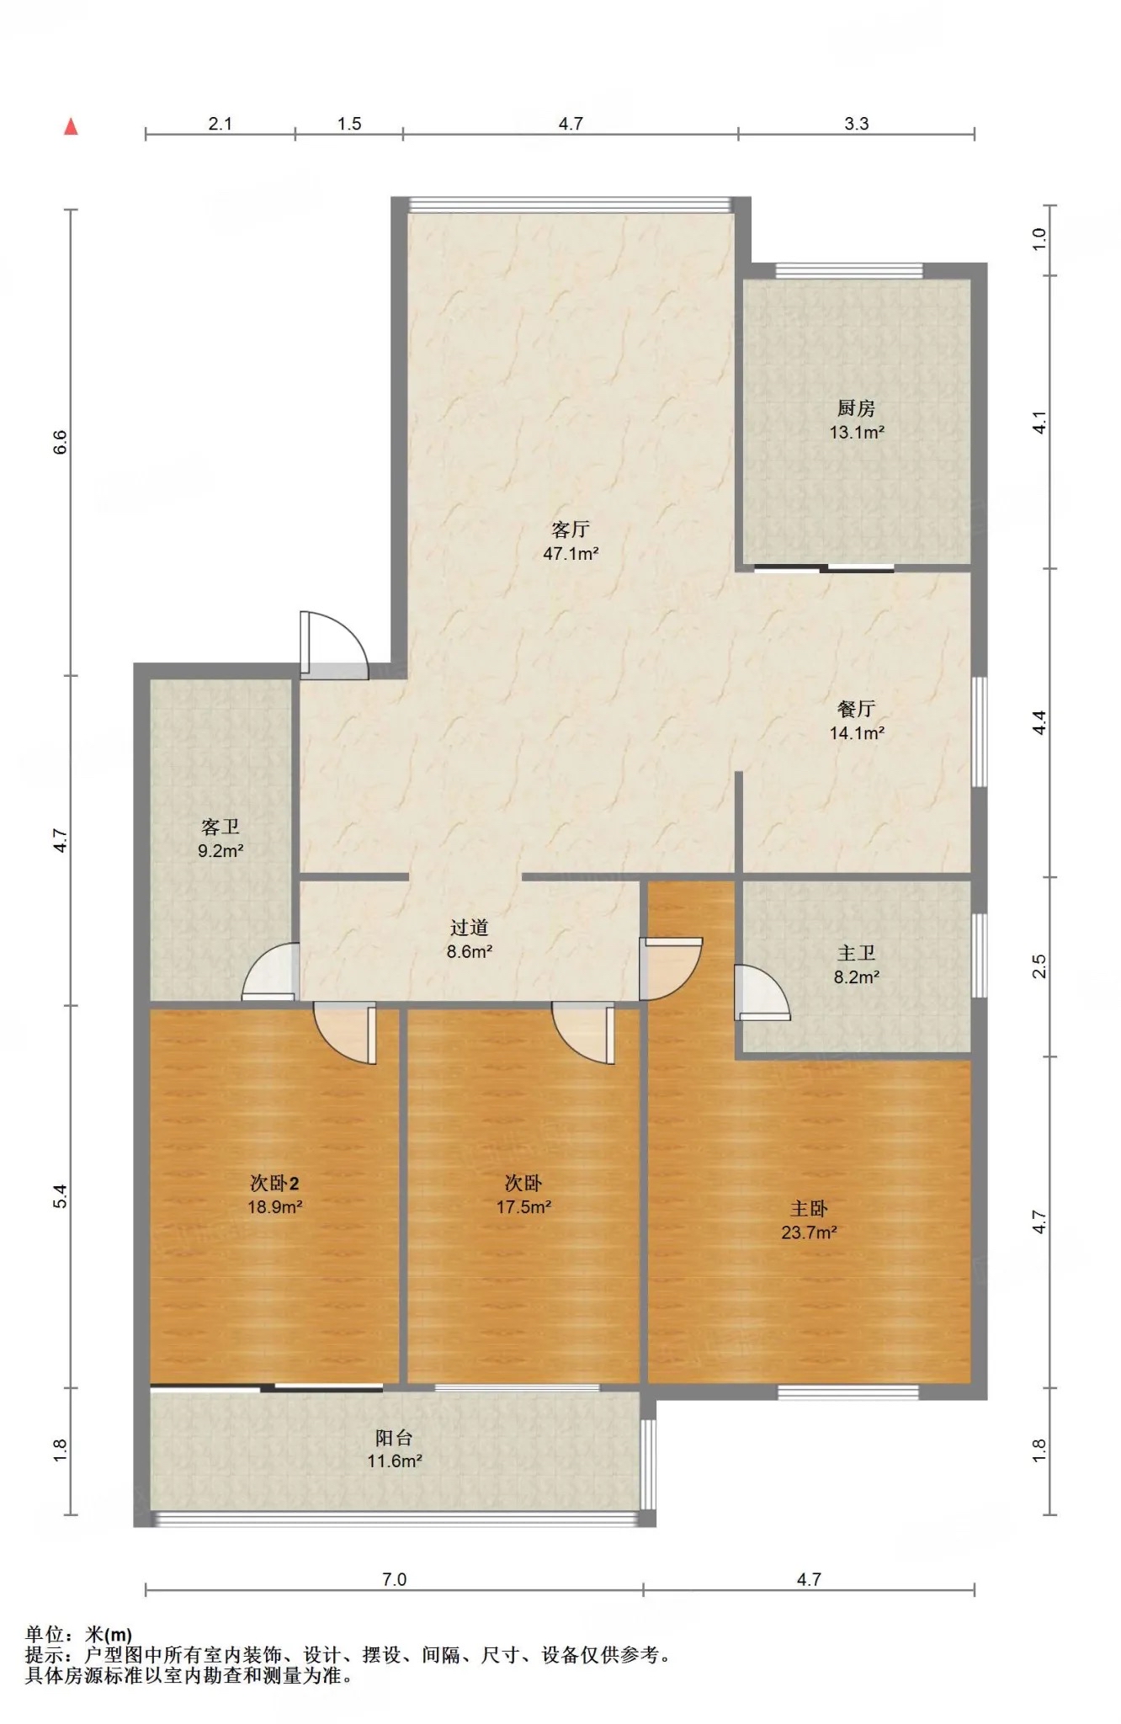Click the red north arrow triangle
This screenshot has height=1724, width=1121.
[72, 126]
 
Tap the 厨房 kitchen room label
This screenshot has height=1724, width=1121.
[857, 408]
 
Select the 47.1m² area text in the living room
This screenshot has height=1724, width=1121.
[571, 554]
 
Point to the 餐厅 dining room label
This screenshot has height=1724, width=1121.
[857, 709]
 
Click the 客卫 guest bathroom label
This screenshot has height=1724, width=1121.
[220, 827]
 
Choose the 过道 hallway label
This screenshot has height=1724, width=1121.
[469, 928]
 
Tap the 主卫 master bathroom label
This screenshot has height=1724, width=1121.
[857, 953]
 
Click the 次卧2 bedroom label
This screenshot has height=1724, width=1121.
[274, 1184]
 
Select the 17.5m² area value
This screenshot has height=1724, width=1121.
[523, 1207]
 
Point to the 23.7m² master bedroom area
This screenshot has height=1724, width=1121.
[809, 1232]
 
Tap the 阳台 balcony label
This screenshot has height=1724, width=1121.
[394, 1438]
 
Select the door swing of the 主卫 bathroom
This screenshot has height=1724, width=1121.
[762, 992]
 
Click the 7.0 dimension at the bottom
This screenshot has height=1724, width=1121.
[394, 1579]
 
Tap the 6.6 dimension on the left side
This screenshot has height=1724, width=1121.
[60, 442]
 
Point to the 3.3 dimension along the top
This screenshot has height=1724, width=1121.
[857, 124]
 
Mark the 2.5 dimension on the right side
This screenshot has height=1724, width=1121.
[1039, 966]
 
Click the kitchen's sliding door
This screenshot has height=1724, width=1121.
[824, 568]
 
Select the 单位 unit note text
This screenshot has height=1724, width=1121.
[78, 1635]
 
